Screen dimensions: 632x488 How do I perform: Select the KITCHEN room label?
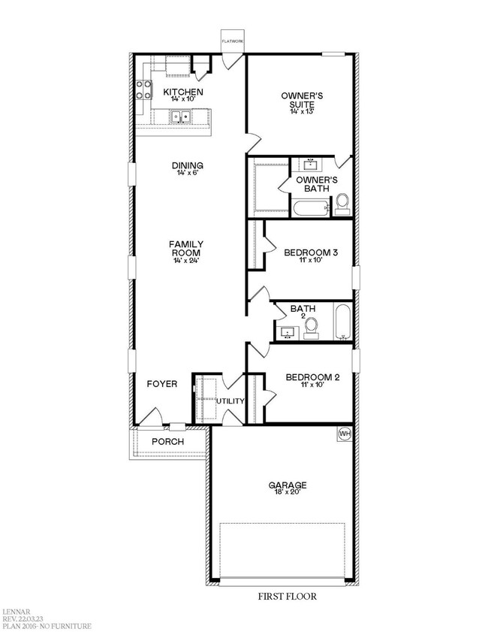point(182,92)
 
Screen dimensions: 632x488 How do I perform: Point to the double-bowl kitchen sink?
point(179,116)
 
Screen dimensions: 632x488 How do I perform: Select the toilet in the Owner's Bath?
point(342,202)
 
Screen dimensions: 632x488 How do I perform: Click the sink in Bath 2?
point(288,332)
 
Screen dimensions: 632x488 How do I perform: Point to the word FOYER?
point(161,384)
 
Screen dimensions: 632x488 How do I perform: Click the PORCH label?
point(167,441)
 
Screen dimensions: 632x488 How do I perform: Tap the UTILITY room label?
point(230,401)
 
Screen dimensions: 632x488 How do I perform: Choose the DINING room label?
point(187,165)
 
